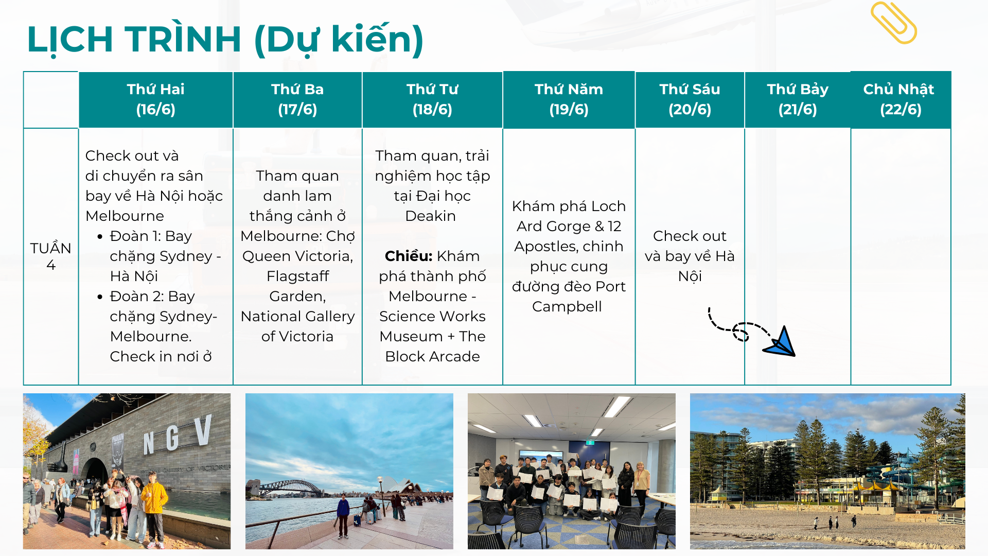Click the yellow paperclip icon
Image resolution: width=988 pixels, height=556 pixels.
click(x=894, y=23)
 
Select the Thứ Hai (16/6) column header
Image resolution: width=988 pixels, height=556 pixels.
click(x=155, y=99)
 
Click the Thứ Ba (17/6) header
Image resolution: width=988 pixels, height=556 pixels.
click(x=297, y=99)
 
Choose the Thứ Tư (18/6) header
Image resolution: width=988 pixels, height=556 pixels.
click(x=432, y=99)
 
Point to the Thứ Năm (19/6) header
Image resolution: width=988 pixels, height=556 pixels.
click(x=569, y=99)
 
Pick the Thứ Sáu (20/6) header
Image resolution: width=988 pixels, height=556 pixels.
click(x=690, y=99)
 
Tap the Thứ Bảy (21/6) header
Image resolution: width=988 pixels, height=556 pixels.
click(x=798, y=99)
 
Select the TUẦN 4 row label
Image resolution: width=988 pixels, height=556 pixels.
click(x=50, y=256)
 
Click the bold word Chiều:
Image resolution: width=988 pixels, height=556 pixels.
click(x=409, y=256)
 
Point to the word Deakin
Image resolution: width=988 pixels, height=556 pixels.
click(x=431, y=216)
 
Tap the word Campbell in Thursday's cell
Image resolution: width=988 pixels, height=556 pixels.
click(x=567, y=307)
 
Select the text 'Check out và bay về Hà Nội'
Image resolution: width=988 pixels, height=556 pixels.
click(x=690, y=256)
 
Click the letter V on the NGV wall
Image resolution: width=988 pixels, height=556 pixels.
click(x=203, y=430)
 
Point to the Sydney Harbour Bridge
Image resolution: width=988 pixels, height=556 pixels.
click(x=288, y=488)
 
